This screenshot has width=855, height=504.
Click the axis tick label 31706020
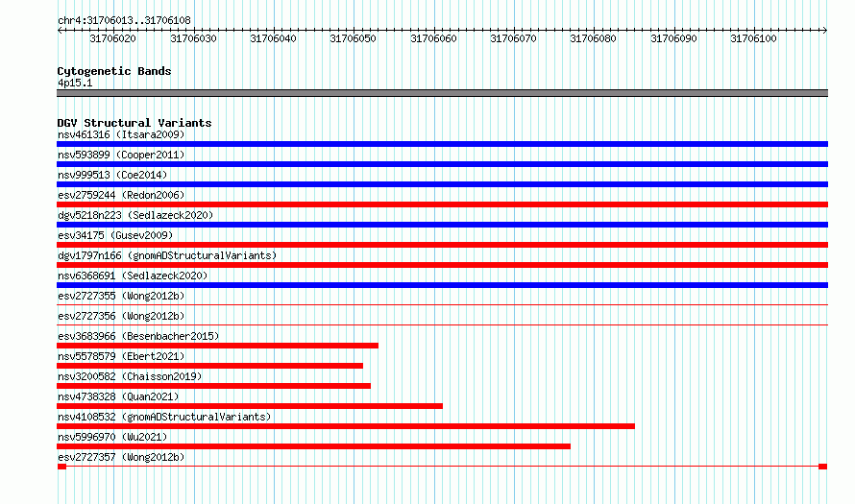coord(112,38)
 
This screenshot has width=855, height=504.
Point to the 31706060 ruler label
coord(433,38)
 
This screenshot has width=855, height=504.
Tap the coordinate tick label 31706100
coord(753,38)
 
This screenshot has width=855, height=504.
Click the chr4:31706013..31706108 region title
coord(124,21)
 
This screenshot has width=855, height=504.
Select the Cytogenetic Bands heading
coord(114,71)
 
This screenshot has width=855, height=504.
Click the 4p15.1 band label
coord(75,83)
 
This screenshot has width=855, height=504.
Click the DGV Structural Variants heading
coord(134,123)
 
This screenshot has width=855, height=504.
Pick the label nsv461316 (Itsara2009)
coord(121,134)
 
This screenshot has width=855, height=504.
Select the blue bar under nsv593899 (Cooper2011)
coord(442,164)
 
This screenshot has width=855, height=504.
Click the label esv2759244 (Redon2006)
coord(121,195)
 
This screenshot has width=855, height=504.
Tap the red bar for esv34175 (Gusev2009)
coord(442,245)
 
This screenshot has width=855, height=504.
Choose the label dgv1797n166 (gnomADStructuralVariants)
coord(167,255)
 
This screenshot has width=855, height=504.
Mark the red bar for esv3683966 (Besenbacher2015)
coord(217,346)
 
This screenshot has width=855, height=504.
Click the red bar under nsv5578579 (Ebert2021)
coord(210,366)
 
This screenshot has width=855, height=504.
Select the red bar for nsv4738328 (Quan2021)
coord(250,406)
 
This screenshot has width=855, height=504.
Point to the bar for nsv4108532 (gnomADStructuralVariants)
coord(346,426)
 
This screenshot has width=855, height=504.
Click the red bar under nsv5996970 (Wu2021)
coord(313,446)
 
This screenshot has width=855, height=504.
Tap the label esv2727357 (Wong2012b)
coord(121,457)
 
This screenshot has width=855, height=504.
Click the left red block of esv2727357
coord(61,467)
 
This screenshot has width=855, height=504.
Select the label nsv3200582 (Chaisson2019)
coord(130,376)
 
